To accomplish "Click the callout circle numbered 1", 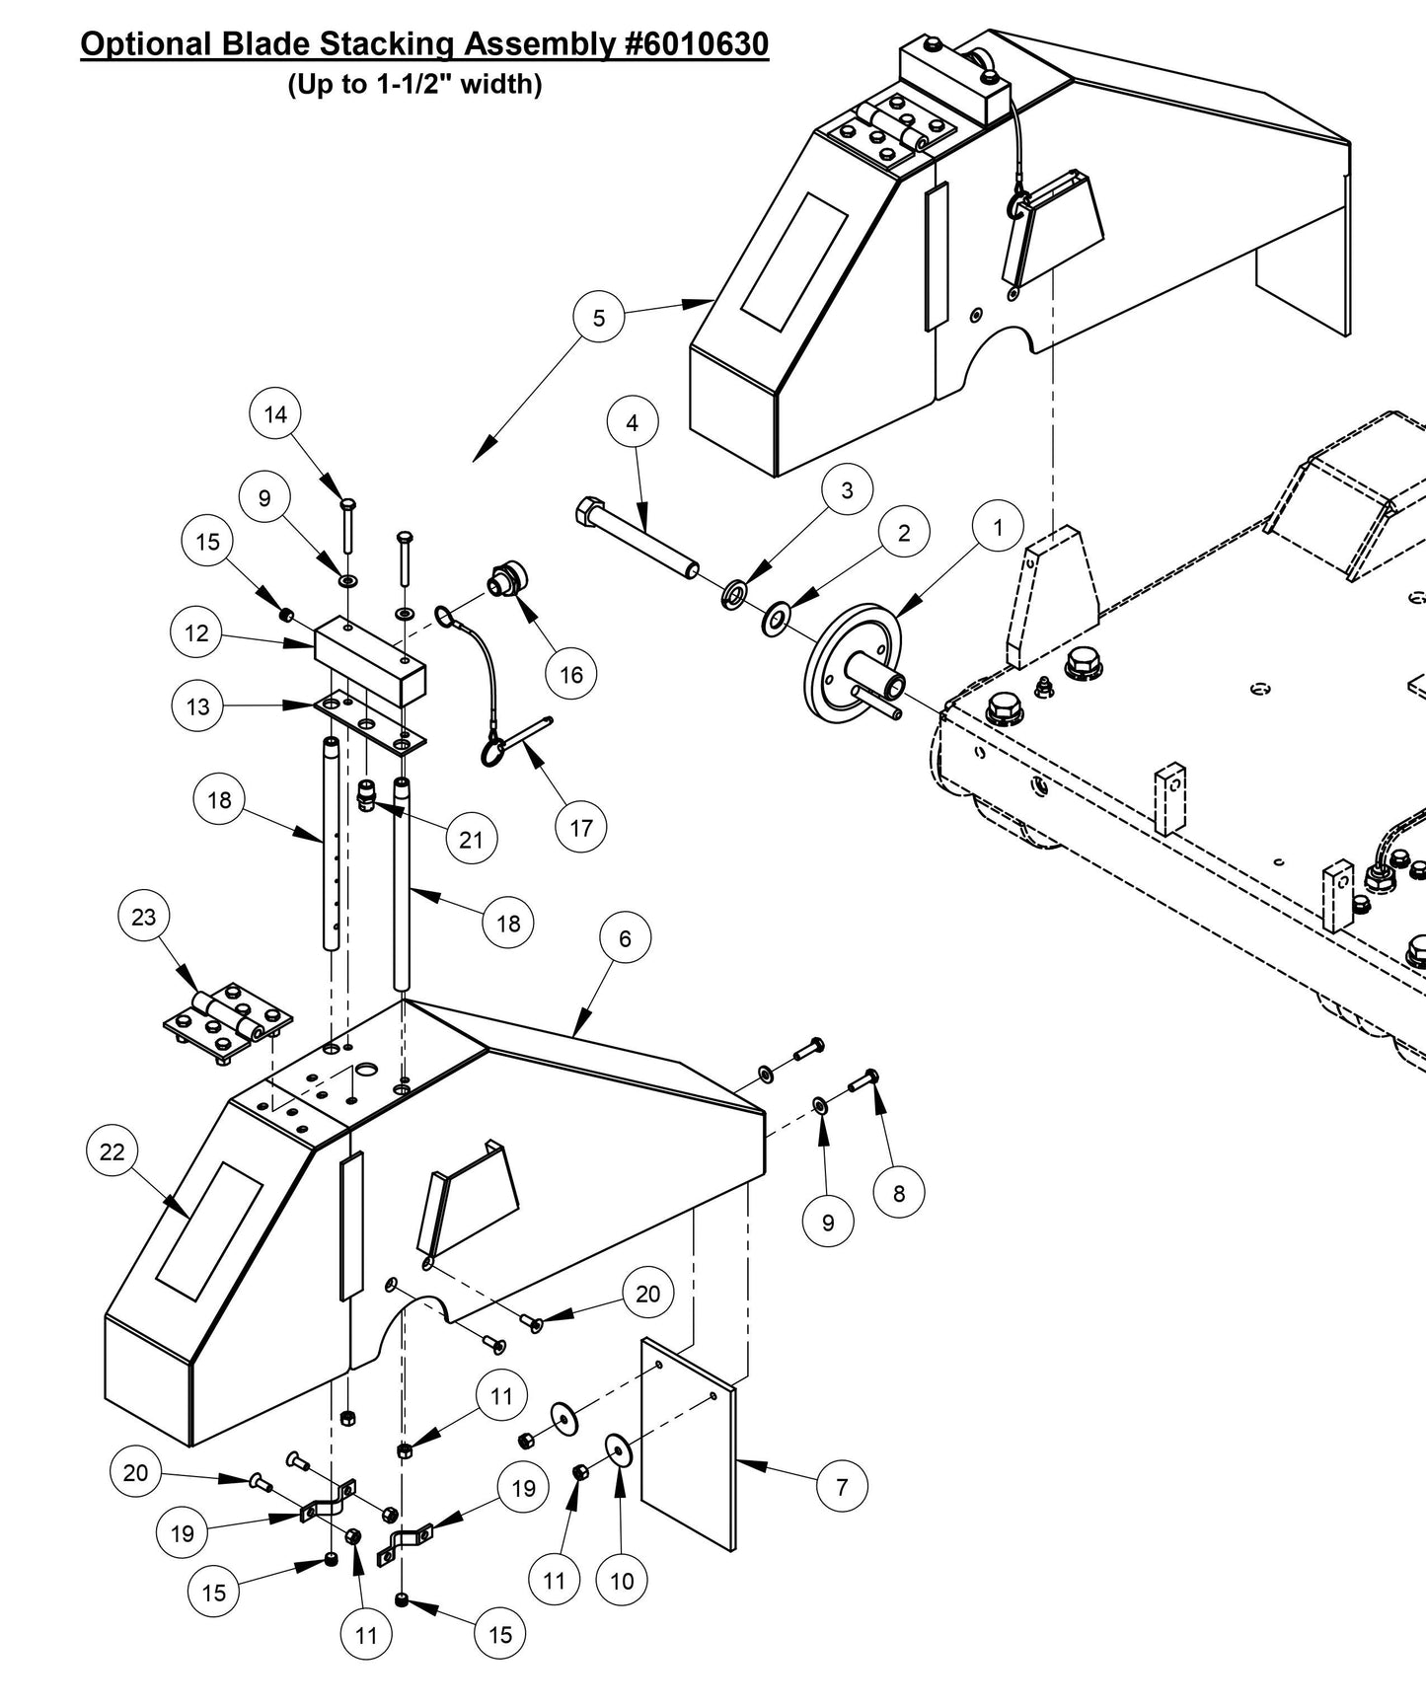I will pyautogui.click(x=997, y=528).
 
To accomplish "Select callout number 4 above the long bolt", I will pyautogui.click(x=632, y=422).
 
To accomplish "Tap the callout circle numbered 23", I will pyautogui.click(x=144, y=917).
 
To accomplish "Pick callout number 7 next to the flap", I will pyautogui.click(x=842, y=1486).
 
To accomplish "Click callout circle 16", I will pyautogui.click(x=571, y=675).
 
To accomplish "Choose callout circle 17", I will pyautogui.click(x=580, y=827).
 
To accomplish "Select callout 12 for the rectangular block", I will pyautogui.click(x=196, y=632).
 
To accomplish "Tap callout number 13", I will pyautogui.click(x=197, y=706).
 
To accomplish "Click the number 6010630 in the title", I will pyautogui.click(x=697, y=44).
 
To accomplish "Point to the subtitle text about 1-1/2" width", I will pyautogui.click(x=414, y=85).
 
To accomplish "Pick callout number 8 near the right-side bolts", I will pyautogui.click(x=898, y=1193).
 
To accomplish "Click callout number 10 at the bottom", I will pyautogui.click(x=622, y=1581).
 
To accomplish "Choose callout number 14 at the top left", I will pyautogui.click(x=275, y=414).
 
